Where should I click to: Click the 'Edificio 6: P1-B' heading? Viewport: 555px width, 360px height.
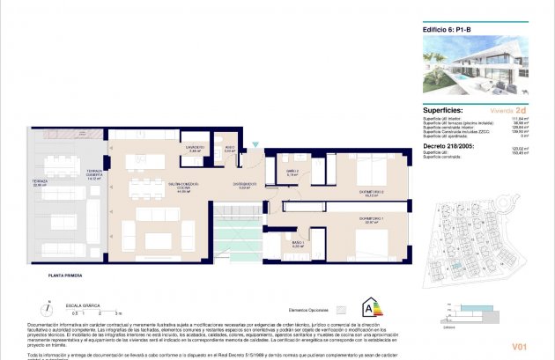point(448,28)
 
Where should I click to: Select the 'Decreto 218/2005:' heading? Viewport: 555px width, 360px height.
point(451,144)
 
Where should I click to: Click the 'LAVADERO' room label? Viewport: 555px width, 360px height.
point(195,148)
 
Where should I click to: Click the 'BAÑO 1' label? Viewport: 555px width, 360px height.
point(298,243)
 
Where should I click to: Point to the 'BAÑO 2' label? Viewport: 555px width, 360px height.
point(294,171)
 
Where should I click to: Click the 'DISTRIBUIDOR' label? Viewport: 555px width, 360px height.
point(245,184)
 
